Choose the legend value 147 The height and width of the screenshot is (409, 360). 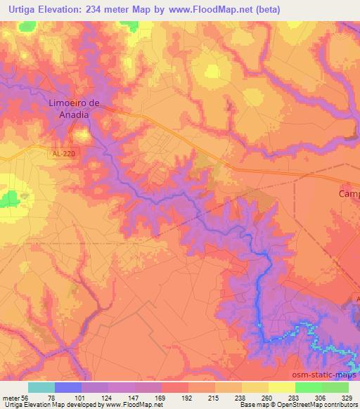(x=121, y=398)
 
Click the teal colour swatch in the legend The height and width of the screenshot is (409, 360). (x=41, y=388)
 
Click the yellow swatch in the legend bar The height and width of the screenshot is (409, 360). (x=282, y=388)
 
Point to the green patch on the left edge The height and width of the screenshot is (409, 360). (x=9, y=199)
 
